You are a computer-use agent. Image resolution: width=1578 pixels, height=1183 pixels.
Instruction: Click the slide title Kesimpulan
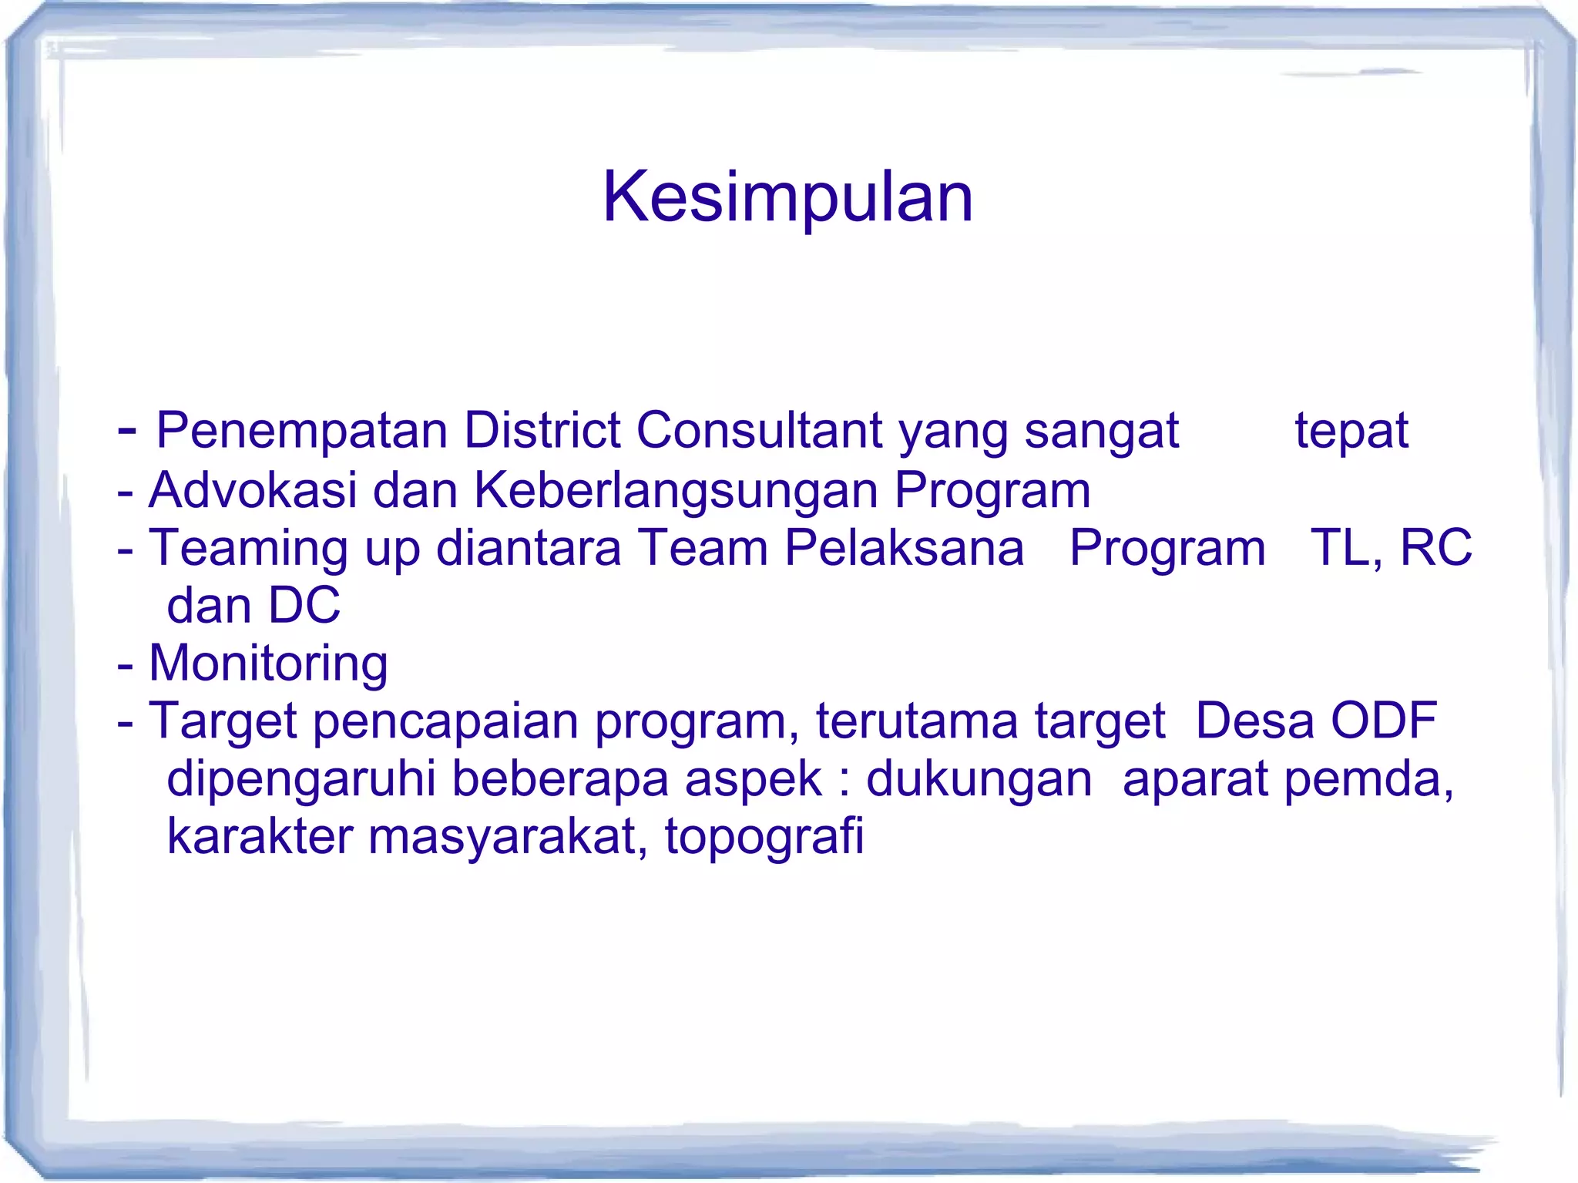[x=787, y=197]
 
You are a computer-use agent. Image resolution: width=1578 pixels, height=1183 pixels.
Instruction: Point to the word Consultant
[x=759, y=430]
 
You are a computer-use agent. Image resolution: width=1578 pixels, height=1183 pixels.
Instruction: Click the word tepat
[x=1351, y=432]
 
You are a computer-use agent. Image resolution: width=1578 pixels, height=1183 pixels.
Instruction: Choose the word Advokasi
[x=253, y=490]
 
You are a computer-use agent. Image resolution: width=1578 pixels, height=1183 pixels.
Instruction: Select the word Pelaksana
[x=905, y=548]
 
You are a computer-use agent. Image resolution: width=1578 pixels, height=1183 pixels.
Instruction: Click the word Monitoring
[x=268, y=664]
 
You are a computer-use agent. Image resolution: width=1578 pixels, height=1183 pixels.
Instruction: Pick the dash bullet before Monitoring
[x=125, y=666]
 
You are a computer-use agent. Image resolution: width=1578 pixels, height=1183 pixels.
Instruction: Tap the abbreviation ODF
[x=1384, y=721]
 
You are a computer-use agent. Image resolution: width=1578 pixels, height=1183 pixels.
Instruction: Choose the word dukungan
[x=979, y=780]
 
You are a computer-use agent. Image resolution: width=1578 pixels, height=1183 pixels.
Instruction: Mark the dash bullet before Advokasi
[x=125, y=492]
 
